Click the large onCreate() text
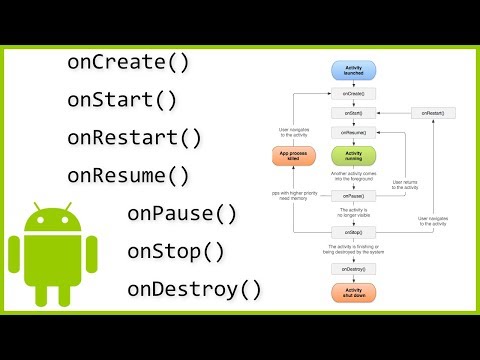click(x=128, y=62)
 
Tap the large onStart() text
click(x=121, y=100)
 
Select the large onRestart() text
click(x=135, y=138)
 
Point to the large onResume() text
click(x=128, y=176)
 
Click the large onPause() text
click(x=182, y=213)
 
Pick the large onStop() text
click(x=176, y=251)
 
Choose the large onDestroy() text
click(x=194, y=289)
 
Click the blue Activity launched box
click(x=352, y=70)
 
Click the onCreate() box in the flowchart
click(x=352, y=93)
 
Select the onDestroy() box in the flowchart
click(x=352, y=268)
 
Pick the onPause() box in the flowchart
click(x=352, y=196)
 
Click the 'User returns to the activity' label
click(x=403, y=184)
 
